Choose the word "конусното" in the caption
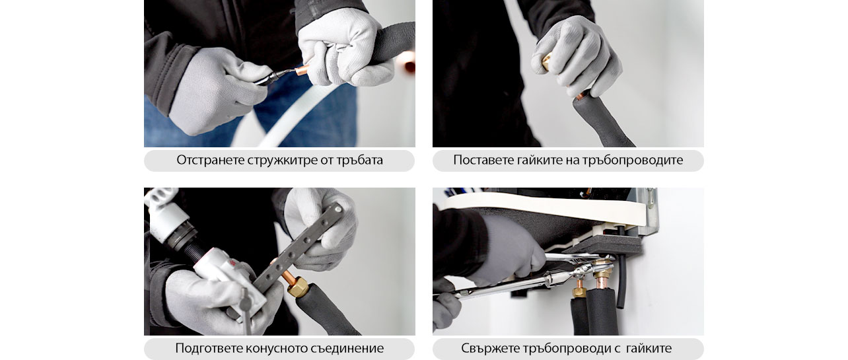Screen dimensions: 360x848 point(273,349)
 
